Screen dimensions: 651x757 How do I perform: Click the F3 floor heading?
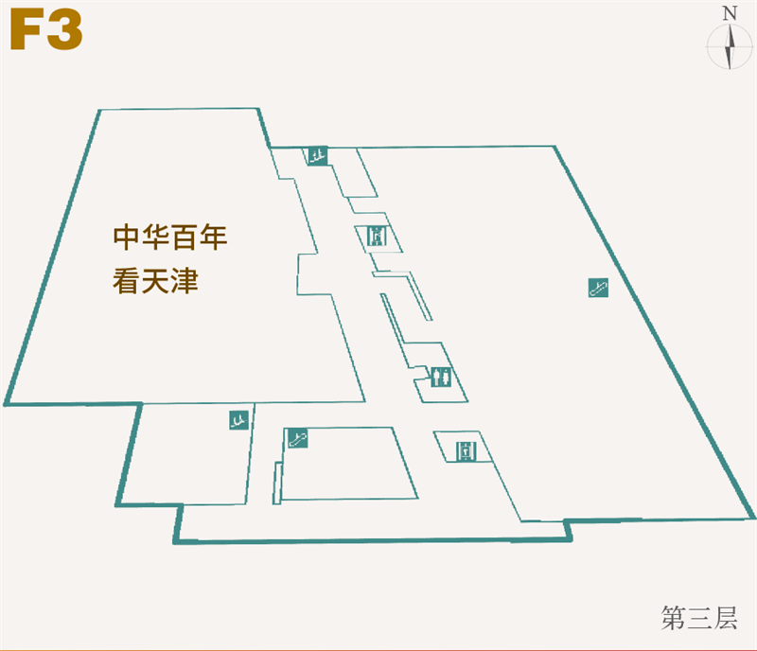click(46, 31)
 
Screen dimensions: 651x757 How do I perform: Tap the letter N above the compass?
click(730, 13)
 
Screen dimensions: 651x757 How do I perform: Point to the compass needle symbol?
click(730, 47)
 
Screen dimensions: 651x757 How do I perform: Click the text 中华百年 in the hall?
click(170, 237)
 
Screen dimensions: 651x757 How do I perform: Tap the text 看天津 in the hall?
click(156, 281)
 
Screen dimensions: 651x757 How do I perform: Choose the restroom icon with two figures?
click(440, 378)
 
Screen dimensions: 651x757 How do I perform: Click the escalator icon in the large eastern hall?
click(597, 288)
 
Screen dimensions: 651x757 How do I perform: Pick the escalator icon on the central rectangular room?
click(298, 437)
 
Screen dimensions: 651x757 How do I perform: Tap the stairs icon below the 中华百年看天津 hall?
click(238, 418)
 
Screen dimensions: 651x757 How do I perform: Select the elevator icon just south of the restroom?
click(465, 451)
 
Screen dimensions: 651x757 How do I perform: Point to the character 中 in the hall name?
click(127, 237)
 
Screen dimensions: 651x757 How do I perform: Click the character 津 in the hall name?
click(185, 281)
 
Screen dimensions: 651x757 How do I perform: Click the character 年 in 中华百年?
click(214, 237)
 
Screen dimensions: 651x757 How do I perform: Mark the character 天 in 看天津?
click(156, 281)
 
